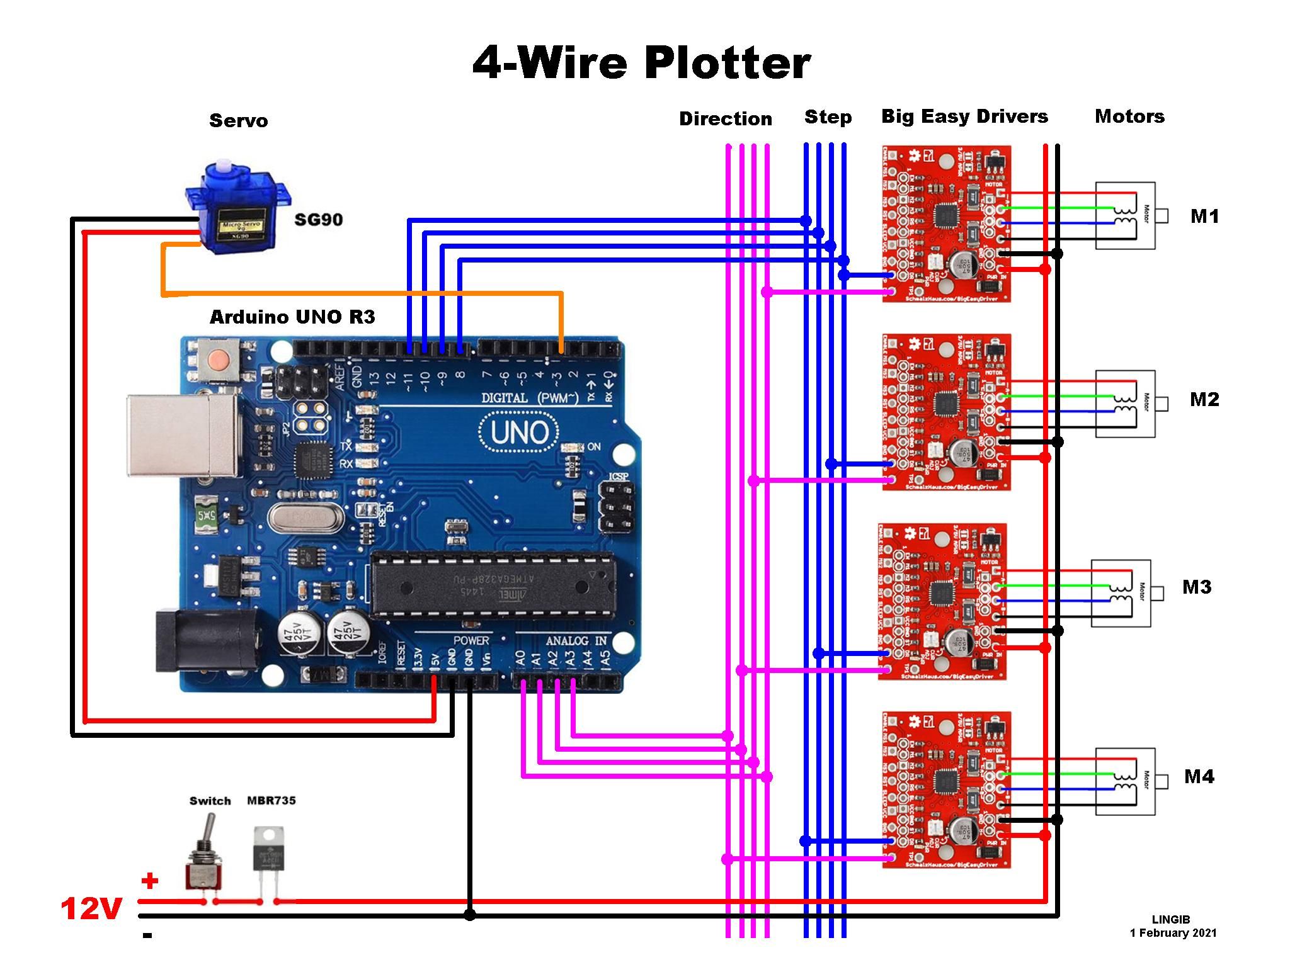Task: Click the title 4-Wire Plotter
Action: [x=641, y=64]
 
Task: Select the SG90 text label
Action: [x=319, y=220]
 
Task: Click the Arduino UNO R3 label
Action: [x=292, y=317]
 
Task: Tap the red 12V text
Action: [x=91, y=909]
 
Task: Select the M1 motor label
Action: [x=1204, y=217]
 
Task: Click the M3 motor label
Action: [x=1196, y=587]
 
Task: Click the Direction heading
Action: [x=725, y=119]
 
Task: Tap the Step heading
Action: [x=828, y=117]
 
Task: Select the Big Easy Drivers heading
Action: [x=964, y=116]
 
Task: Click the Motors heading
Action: [x=1129, y=116]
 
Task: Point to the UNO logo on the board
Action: [x=518, y=432]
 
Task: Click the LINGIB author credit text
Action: [x=1170, y=920]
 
